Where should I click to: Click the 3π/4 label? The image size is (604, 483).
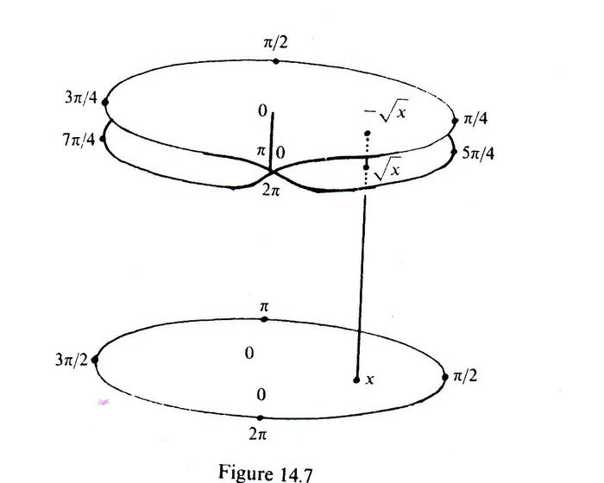[81, 97]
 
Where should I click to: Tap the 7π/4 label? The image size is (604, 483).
[79, 140]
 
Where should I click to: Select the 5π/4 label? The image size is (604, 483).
[478, 154]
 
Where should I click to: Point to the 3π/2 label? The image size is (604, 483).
[72, 360]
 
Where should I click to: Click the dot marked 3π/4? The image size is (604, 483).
[104, 103]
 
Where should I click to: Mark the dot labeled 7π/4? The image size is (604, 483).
[103, 139]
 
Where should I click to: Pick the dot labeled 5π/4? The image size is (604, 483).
[454, 152]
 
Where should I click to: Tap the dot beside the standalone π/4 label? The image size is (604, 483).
[455, 121]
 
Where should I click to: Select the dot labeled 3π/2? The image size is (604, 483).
[95, 361]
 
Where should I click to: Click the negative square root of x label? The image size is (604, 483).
[386, 111]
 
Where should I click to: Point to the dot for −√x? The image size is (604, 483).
[368, 134]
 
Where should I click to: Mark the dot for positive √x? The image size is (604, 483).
[366, 166]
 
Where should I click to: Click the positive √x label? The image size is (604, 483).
[387, 169]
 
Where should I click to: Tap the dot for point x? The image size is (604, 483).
[356, 380]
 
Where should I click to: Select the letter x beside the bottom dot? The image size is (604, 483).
[370, 379]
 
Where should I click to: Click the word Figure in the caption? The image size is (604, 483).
[244, 472]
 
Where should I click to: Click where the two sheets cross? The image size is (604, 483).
[271, 172]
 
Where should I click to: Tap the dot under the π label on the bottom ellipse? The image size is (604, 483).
[264, 319]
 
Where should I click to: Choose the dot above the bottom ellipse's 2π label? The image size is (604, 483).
[261, 418]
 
